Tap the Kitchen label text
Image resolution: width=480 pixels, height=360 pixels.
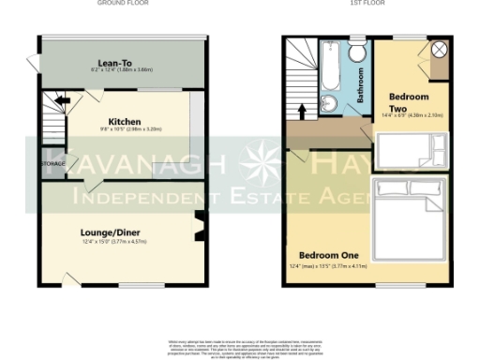pos(125,122)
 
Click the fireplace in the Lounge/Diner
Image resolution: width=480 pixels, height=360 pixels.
pos(198,226)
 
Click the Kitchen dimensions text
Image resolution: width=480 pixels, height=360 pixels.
pos(125,131)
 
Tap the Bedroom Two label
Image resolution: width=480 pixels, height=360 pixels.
pos(409,102)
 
